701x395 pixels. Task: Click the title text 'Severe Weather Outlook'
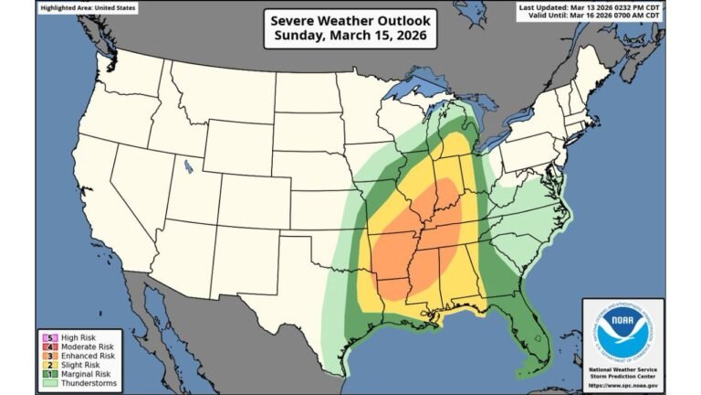350,20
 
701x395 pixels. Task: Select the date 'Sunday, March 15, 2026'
350,37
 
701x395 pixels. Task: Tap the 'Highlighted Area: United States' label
89,8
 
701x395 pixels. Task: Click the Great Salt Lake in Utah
187,166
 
